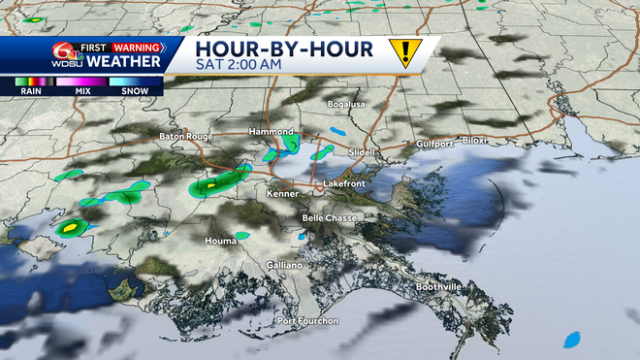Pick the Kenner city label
281,194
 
